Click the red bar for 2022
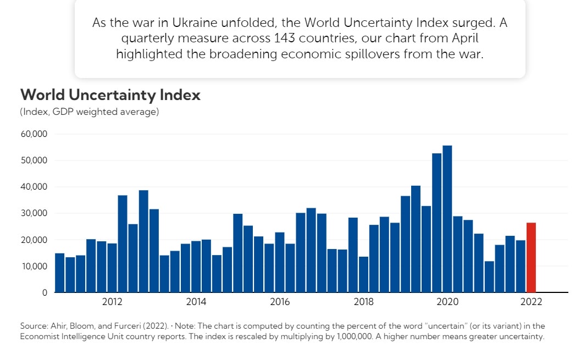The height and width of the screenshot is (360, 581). (531, 257)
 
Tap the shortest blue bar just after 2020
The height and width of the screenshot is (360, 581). (489, 276)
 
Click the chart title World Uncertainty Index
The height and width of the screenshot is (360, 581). (110, 95)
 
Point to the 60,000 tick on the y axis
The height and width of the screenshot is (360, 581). (34, 134)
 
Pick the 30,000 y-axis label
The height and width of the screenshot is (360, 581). (34, 213)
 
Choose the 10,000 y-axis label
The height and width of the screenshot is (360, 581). (34, 266)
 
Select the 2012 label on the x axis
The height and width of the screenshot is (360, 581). (112, 302)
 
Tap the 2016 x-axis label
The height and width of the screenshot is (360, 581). (280, 302)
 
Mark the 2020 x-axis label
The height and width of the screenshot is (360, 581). (447, 302)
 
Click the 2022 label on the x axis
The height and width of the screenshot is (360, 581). (532, 302)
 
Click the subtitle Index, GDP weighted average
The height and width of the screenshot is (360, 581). (90, 112)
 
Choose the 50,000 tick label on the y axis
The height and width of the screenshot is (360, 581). (34, 160)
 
